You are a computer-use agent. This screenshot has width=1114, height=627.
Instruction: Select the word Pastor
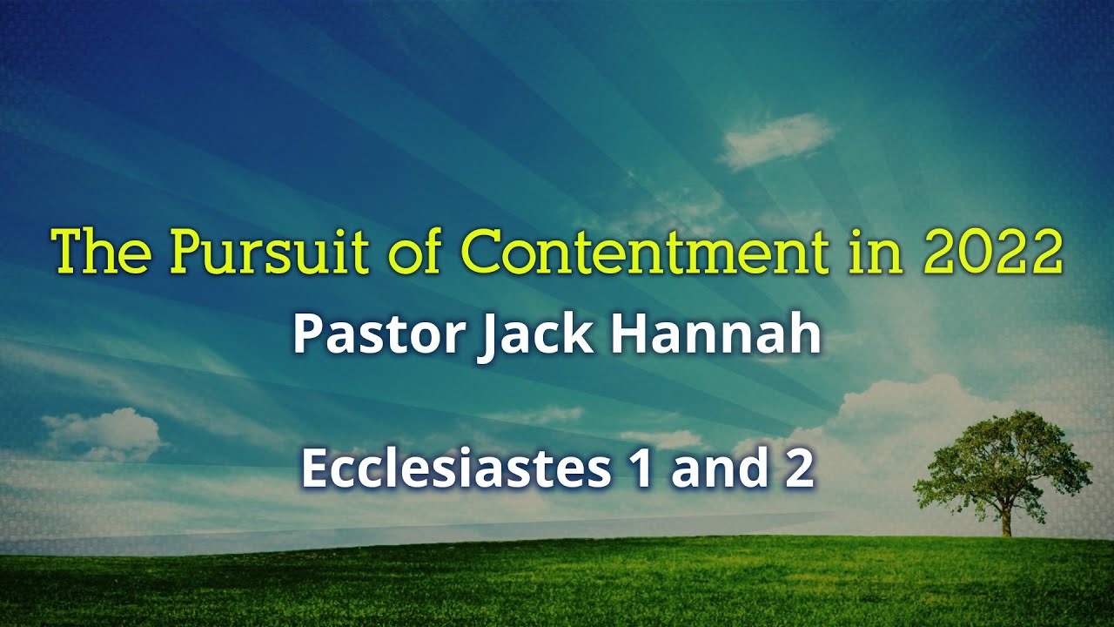point(377,335)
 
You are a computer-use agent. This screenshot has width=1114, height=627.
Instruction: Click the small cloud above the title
point(775,139)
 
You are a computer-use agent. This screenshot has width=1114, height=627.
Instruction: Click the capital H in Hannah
point(629,335)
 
